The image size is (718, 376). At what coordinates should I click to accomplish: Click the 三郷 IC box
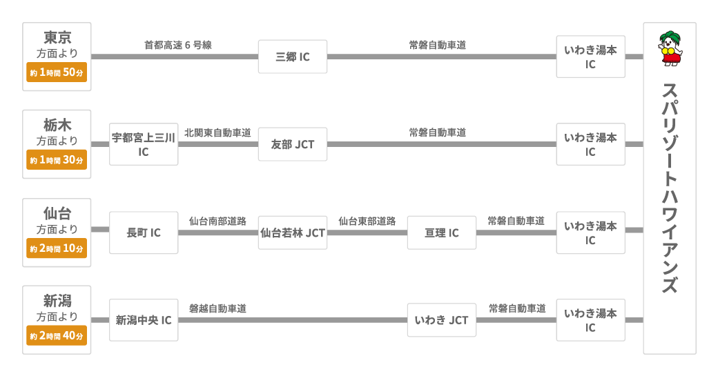[x=292, y=57]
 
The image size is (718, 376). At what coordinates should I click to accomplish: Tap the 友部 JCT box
[x=292, y=144]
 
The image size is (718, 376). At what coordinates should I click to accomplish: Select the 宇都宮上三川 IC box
[x=144, y=144]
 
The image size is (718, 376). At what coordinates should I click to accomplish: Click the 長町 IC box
[x=144, y=232]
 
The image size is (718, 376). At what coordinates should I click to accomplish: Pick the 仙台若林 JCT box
[x=292, y=232]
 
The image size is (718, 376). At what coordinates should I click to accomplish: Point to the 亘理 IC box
[x=441, y=232]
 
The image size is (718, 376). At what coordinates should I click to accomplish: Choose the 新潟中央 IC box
[x=144, y=320]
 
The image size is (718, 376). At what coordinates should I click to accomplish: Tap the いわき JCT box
[x=441, y=320]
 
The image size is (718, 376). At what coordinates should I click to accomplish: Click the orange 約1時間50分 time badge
[x=57, y=72]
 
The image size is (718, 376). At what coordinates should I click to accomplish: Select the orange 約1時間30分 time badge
[x=57, y=160]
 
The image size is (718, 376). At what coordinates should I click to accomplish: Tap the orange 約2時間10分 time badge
[x=57, y=248]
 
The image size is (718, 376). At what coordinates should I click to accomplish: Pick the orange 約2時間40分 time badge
[x=57, y=336]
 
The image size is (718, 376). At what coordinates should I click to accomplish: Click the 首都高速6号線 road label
[x=177, y=45]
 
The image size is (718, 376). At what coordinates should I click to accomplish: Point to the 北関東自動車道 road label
[x=217, y=132]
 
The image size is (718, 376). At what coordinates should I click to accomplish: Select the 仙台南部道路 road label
[x=217, y=221]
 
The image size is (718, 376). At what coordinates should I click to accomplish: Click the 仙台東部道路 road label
[x=367, y=221]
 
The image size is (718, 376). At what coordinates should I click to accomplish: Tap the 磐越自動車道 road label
[x=217, y=308]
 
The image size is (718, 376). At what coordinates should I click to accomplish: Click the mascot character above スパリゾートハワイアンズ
[x=669, y=48]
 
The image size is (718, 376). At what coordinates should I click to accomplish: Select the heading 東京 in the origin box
[x=57, y=37]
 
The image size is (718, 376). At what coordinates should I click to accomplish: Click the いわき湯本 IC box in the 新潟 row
[x=590, y=320]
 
